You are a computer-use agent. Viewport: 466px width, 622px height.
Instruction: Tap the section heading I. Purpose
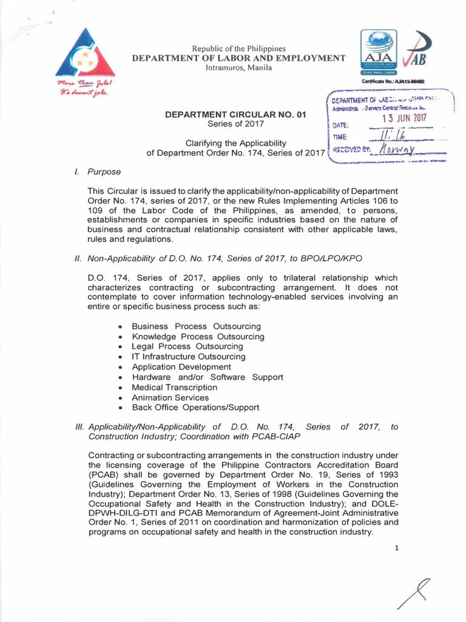(x=98, y=172)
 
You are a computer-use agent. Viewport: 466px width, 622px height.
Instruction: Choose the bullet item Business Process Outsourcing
(x=196, y=326)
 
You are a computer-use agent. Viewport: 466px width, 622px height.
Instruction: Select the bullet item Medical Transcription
(x=174, y=387)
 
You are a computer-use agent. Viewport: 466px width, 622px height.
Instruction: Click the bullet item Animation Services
(x=170, y=397)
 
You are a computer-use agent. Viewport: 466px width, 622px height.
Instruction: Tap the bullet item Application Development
(x=181, y=367)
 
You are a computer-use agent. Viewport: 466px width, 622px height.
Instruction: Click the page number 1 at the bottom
(x=396, y=548)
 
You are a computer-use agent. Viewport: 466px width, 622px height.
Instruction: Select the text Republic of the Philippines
(x=238, y=49)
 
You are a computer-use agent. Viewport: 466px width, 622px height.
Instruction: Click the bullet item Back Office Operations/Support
(x=195, y=408)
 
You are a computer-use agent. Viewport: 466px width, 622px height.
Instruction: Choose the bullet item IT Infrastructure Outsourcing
(x=188, y=357)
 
